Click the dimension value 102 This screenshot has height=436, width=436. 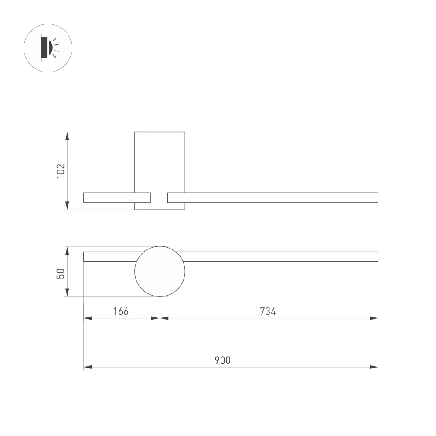coord(61,171)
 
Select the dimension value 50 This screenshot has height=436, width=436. coord(61,273)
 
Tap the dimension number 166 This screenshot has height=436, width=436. coord(121,311)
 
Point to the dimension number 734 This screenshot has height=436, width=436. coord(268,311)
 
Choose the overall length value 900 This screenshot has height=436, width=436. coord(222,360)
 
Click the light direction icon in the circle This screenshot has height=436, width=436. coord(48,48)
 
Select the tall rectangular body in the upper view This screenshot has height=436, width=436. coord(160,161)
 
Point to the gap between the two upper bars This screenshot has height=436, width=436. coord(159,198)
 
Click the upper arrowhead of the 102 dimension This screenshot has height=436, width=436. coord(67,136)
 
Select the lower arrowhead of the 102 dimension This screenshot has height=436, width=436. coord(67,206)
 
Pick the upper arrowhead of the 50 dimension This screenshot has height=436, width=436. coord(67,250)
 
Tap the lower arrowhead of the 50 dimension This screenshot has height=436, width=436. coord(67,293)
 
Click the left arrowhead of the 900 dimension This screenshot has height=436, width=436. coord(88,367)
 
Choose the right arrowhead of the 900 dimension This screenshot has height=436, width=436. coord(374,367)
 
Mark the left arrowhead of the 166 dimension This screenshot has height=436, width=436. coord(88,318)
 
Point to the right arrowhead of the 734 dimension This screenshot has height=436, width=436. coord(374,318)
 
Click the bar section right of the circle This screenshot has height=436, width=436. coord(279,256)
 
